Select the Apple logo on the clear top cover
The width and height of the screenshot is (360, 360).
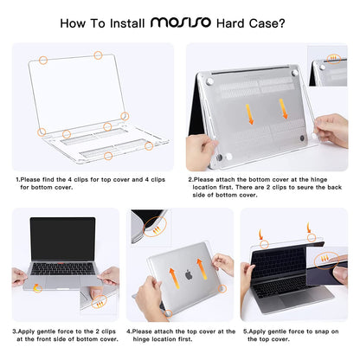186,275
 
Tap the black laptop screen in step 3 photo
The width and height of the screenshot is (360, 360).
62,239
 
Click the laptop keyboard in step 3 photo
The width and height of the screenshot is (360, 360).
62,268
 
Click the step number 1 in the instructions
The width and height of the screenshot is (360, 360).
17,180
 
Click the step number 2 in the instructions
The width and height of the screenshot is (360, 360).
190,180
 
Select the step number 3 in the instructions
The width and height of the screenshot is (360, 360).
14,330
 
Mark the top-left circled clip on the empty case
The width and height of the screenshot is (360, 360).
43,61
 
